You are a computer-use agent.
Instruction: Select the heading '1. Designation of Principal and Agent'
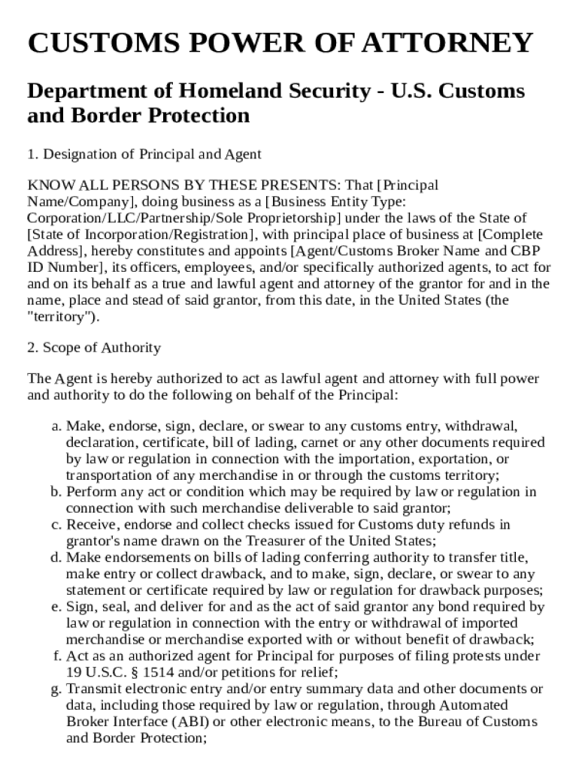(144, 154)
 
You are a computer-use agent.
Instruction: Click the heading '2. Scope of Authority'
(94, 348)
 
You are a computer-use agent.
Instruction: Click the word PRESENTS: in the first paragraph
(305, 185)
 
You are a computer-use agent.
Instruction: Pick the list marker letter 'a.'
(57, 426)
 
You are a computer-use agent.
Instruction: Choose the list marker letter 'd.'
(57, 557)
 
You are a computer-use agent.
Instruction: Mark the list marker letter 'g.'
(57, 689)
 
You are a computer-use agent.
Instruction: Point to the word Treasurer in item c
(271, 541)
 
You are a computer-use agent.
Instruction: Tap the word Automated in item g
(474, 705)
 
